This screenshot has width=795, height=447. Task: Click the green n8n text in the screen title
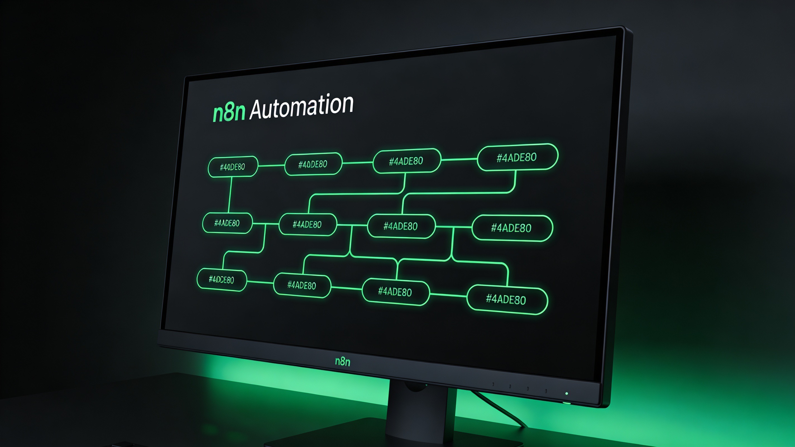pyautogui.click(x=229, y=112)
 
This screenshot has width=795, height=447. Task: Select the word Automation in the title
pyautogui.click(x=301, y=106)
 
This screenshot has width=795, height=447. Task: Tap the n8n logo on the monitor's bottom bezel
pyautogui.click(x=343, y=361)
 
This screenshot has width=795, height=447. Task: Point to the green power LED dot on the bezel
pyautogui.click(x=567, y=394)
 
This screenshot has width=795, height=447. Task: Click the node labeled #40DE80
pyautogui.click(x=233, y=167)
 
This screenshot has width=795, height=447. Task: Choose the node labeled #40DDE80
pyautogui.click(x=313, y=164)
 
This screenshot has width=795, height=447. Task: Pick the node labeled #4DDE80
pyautogui.click(x=222, y=280)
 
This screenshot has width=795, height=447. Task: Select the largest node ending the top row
pyautogui.click(x=517, y=157)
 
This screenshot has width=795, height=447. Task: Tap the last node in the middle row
pyautogui.click(x=512, y=228)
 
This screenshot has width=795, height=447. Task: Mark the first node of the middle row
pyautogui.click(x=227, y=223)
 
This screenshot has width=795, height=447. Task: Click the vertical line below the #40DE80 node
pyautogui.click(x=230, y=195)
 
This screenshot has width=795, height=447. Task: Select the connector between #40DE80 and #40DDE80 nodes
pyautogui.click(x=271, y=166)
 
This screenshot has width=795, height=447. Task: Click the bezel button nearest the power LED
pyautogui.click(x=546, y=391)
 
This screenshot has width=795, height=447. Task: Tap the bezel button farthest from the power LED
pyautogui.click(x=493, y=384)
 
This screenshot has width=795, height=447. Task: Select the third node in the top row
pyautogui.click(x=406, y=161)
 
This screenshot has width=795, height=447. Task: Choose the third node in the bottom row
pyautogui.click(x=395, y=292)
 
